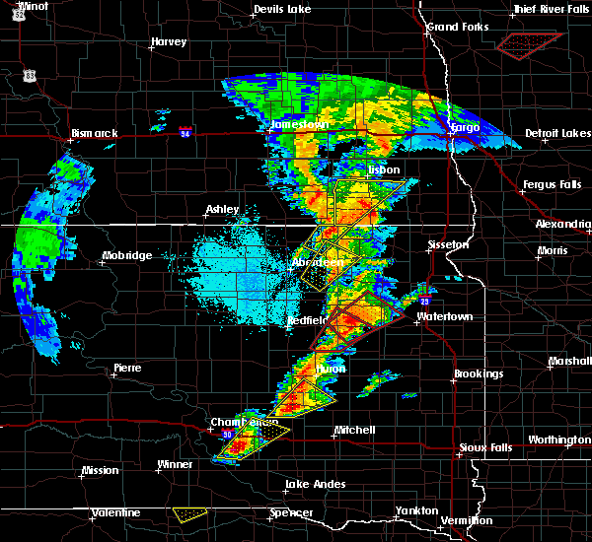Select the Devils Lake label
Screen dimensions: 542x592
coord(281,9)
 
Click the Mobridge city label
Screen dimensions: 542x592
coord(127,256)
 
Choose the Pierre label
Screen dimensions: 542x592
coord(126,368)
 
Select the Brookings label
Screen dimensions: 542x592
coord(479,374)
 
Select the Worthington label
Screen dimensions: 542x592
coord(558,440)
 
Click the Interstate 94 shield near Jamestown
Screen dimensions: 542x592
coord(185,130)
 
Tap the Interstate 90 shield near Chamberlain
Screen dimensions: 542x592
coord(227,434)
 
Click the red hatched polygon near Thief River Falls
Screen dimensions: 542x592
coord(529,43)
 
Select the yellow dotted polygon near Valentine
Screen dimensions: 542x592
coord(189,514)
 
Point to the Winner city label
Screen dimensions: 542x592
coord(176,464)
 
